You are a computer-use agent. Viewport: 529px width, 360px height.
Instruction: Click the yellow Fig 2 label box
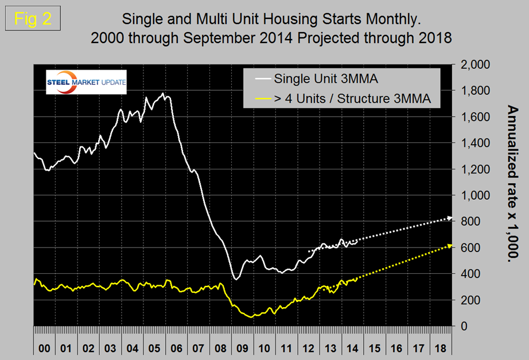point(33,18)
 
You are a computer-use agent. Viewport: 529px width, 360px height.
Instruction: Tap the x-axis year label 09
point(242,348)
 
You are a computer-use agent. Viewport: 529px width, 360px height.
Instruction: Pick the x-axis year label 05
point(154,348)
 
